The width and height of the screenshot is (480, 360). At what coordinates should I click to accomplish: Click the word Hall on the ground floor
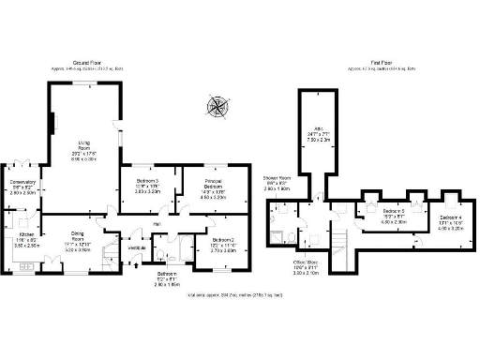pos(157,223)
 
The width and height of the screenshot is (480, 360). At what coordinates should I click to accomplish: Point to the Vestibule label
pos(137,247)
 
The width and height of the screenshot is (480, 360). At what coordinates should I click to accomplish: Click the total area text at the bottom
pos(240,295)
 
